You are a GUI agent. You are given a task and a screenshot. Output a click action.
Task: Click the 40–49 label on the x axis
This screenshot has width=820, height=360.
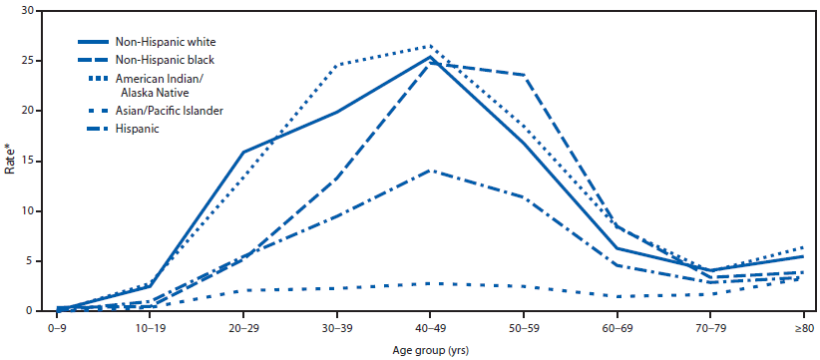430,326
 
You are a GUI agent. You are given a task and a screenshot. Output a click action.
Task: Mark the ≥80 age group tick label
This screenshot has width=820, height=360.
804,326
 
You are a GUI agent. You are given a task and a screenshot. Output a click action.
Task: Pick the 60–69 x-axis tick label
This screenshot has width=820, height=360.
617,326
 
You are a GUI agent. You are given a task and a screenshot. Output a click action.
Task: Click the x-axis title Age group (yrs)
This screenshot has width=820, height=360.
430,349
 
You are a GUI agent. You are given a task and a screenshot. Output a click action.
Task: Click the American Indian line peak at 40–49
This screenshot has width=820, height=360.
430,46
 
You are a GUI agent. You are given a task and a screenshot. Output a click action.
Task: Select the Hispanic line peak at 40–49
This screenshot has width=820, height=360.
430,171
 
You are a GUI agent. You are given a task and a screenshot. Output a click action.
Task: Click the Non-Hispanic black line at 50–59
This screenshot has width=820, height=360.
524,75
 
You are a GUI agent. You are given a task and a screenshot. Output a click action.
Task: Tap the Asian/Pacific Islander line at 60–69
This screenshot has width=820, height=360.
617,296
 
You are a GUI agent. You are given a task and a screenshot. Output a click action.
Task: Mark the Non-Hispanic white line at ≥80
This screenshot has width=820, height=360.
804,256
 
